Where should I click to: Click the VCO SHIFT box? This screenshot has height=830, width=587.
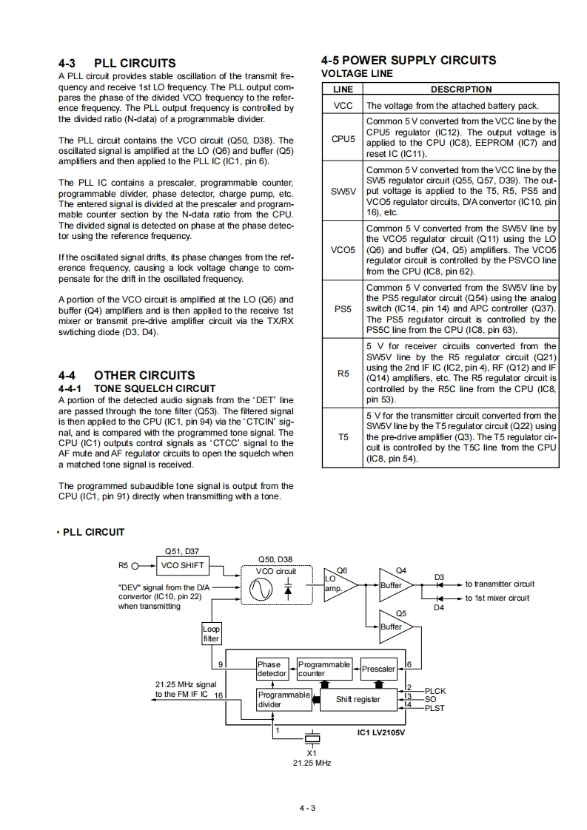tap(182, 566)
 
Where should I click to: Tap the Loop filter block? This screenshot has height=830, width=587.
tap(211, 633)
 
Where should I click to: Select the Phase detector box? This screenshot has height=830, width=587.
tap(272, 669)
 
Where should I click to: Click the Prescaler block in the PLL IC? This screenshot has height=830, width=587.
tap(378, 669)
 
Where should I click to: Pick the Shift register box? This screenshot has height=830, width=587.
tap(358, 699)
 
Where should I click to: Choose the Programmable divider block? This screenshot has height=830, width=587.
tap(284, 699)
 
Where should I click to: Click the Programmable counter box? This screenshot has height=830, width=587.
tap(323, 669)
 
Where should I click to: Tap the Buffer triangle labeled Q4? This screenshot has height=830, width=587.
tap(394, 584)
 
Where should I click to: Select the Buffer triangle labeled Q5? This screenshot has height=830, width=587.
tap(394, 627)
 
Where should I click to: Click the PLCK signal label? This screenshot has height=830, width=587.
tap(435, 691)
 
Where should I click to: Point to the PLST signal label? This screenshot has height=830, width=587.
tap(435, 708)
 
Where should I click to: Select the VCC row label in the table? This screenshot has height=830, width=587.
tap(343, 105)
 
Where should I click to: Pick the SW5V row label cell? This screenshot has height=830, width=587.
tap(343, 191)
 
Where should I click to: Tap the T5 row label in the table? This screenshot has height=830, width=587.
tap(343, 437)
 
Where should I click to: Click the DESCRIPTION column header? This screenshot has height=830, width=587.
tap(460, 90)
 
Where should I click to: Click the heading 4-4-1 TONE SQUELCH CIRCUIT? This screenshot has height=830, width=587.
tap(137, 388)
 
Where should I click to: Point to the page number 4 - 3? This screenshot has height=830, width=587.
tap(307, 807)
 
